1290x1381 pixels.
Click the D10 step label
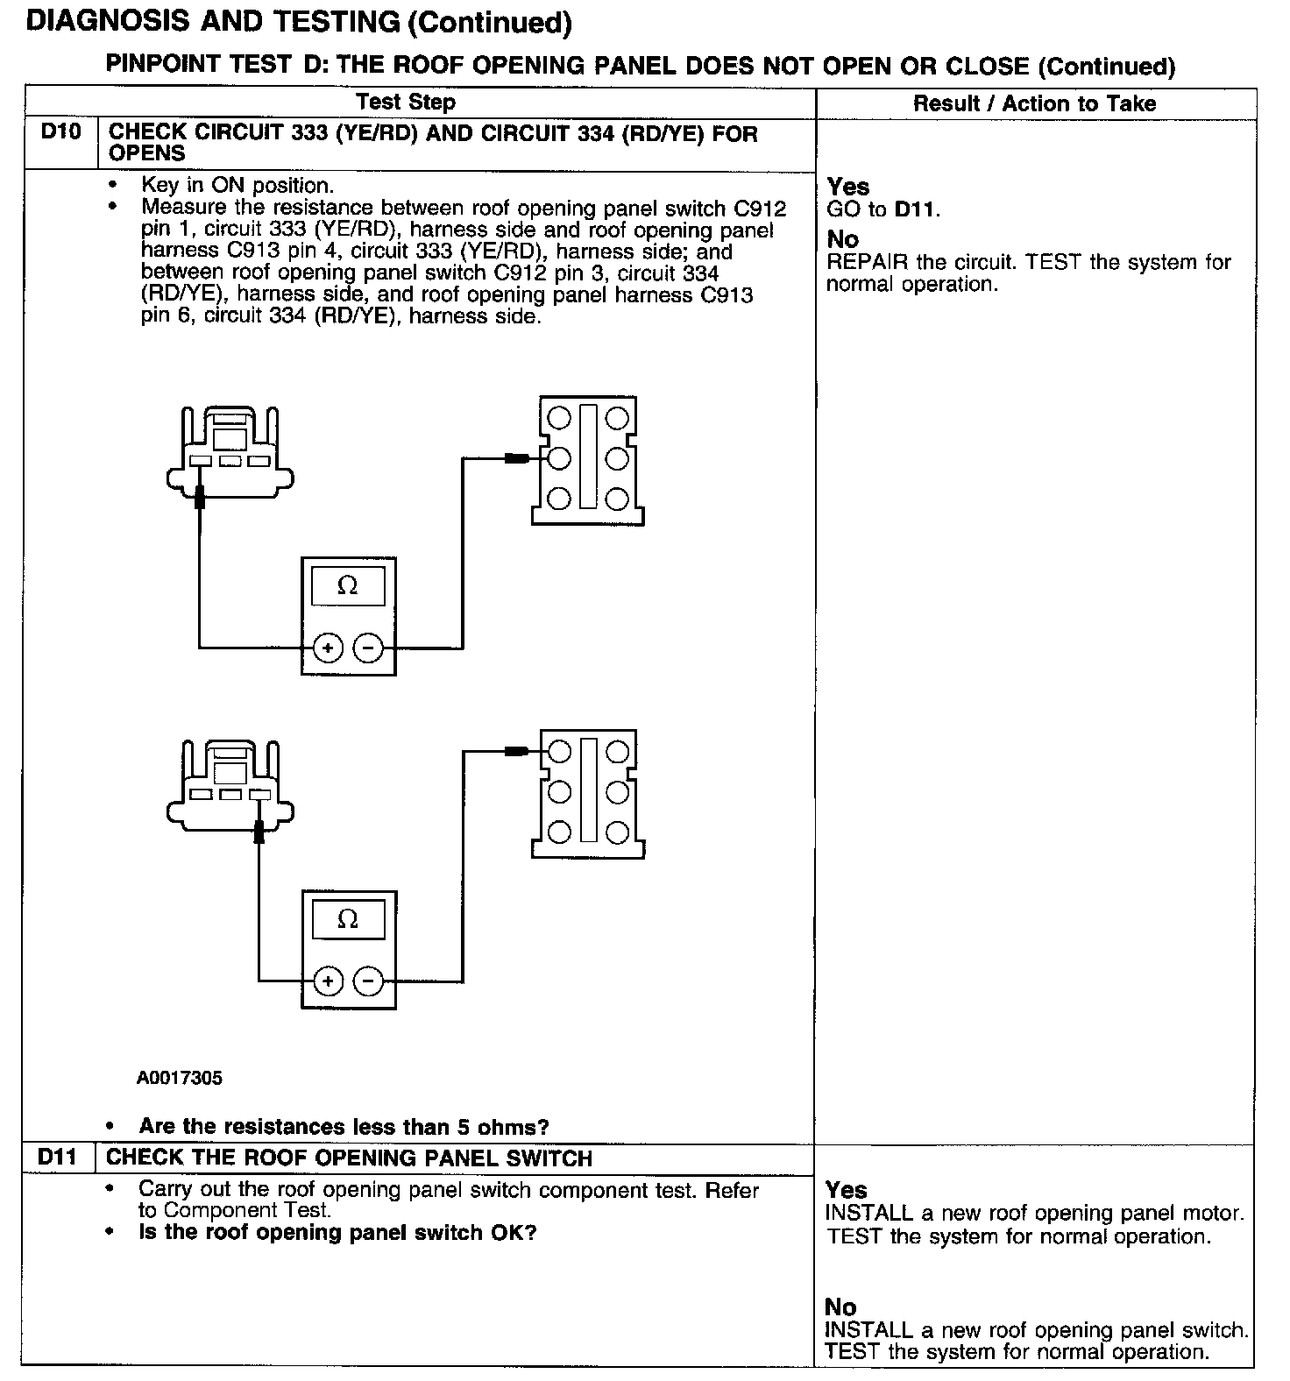(x=60, y=133)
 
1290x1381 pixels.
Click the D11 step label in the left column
(x=58, y=1158)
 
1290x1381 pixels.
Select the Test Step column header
(x=406, y=103)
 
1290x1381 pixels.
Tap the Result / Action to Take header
(x=1034, y=103)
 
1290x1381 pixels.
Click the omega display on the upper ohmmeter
(x=348, y=586)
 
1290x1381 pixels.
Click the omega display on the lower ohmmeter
(x=348, y=919)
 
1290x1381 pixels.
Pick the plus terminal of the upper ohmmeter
(x=328, y=648)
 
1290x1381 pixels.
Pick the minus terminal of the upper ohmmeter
(x=368, y=648)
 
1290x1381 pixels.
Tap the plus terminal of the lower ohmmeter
(x=328, y=981)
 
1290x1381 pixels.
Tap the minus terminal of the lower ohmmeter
(x=368, y=981)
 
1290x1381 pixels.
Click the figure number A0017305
(x=180, y=1078)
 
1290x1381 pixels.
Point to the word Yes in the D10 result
(x=847, y=187)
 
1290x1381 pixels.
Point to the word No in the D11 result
(x=840, y=1307)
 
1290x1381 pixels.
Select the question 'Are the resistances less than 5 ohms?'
(x=344, y=1127)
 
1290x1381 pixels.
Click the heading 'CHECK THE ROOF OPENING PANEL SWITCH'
(x=349, y=1158)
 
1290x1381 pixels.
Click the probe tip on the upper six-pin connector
(x=516, y=458)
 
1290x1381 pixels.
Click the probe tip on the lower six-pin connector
(x=516, y=751)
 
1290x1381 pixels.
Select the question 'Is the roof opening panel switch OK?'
(x=337, y=1233)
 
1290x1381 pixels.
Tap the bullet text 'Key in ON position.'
(x=237, y=186)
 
